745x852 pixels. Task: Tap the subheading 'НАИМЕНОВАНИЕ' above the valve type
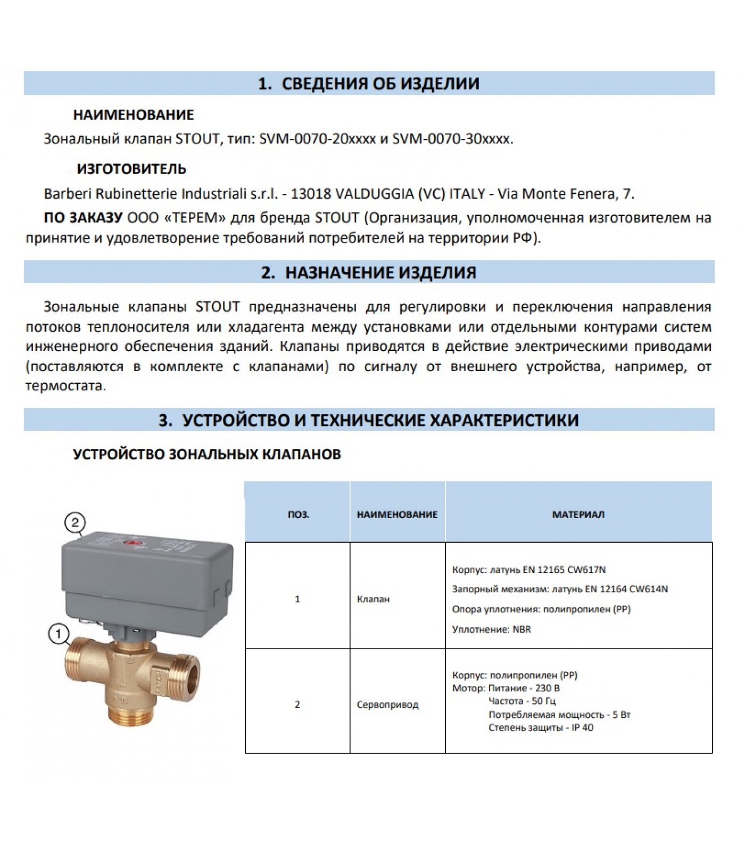(x=133, y=114)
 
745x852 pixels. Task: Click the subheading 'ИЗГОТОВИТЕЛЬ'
(x=131, y=169)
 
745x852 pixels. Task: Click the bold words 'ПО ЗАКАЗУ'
(x=83, y=218)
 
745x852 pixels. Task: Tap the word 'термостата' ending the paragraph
(x=65, y=386)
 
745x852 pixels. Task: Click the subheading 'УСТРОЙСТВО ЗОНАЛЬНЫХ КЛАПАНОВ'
(x=206, y=454)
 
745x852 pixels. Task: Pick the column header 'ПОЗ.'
(x=298, y=515)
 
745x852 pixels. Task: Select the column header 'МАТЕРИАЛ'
(x=578, y=515)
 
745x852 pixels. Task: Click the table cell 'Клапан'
(x=373, y=599)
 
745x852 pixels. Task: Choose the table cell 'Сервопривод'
(x=387, y=704)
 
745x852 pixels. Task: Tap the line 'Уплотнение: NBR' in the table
(x=491, y=629)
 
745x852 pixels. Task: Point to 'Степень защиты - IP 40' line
(x=541, y=727)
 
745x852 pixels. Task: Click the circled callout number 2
(x=75, y=522)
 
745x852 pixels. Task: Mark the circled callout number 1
(x=59, y=634)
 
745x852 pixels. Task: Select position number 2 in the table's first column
(x=297, y=704)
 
